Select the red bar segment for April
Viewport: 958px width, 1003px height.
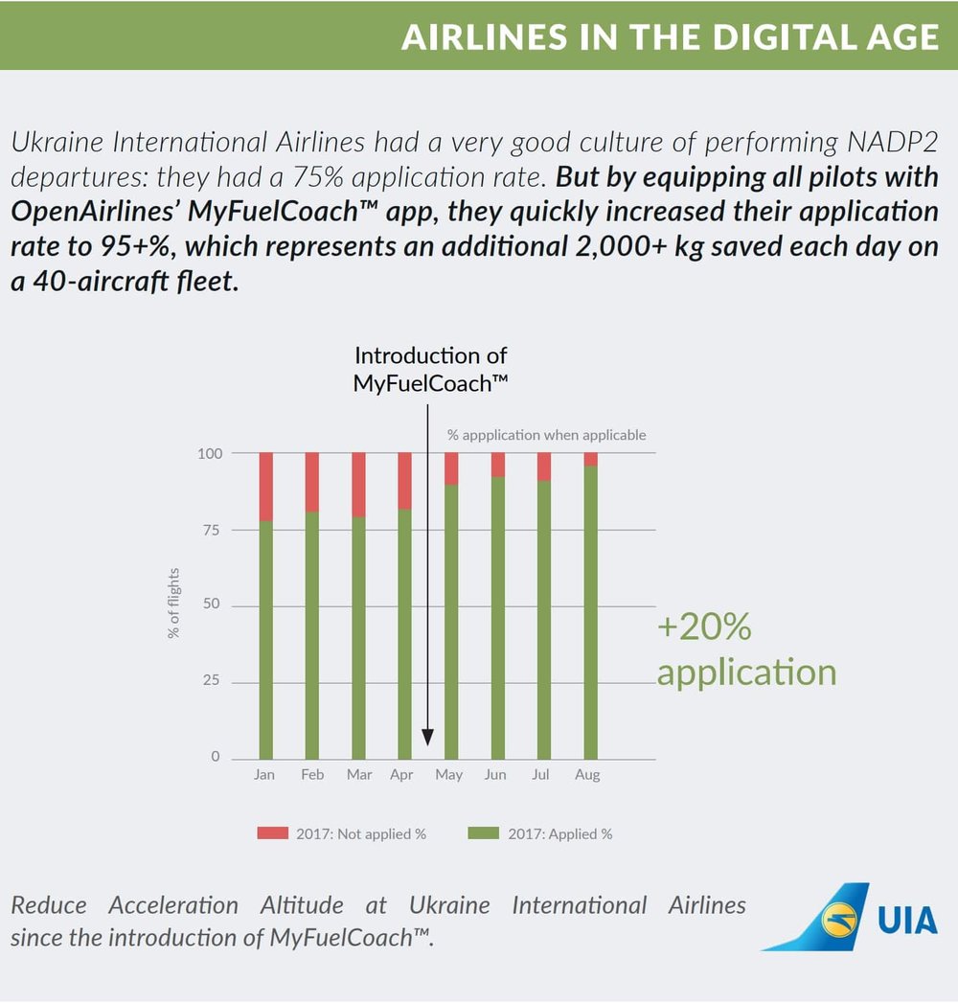coord(404,481)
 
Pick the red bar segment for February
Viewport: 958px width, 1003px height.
coord(312,483)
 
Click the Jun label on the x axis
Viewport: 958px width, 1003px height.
coord(495,775)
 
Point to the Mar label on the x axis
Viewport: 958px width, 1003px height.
coord(358,775)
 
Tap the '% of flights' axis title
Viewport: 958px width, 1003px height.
coord(174,604)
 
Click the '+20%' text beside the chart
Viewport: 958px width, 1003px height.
coord(704,627)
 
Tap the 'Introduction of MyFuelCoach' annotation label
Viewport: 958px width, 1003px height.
coord(430,369)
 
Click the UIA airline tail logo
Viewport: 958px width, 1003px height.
coord(819,918)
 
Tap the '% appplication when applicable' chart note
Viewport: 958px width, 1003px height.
coord(546,435)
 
